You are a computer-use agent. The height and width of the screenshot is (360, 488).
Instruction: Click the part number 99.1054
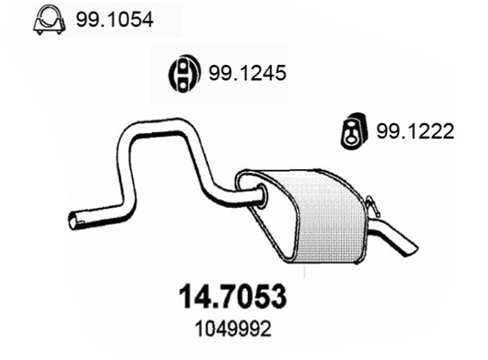pos(114,20)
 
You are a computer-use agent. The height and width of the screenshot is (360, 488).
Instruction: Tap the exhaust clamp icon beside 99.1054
pos(50,19)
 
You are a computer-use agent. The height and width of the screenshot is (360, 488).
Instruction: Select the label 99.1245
pos(247,73)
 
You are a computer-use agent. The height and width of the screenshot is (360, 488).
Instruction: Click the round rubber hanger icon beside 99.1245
pos(183,74)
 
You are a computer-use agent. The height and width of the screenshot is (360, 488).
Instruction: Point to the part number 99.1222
pos(415,131)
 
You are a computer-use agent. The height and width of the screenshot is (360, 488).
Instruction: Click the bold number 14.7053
pos(232,296)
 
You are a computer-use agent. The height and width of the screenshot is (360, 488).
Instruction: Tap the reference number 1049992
pos(233,328)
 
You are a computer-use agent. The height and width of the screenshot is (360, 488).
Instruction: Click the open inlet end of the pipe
pos(74,220)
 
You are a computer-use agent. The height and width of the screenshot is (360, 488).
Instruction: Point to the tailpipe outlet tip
pos(411,250)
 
